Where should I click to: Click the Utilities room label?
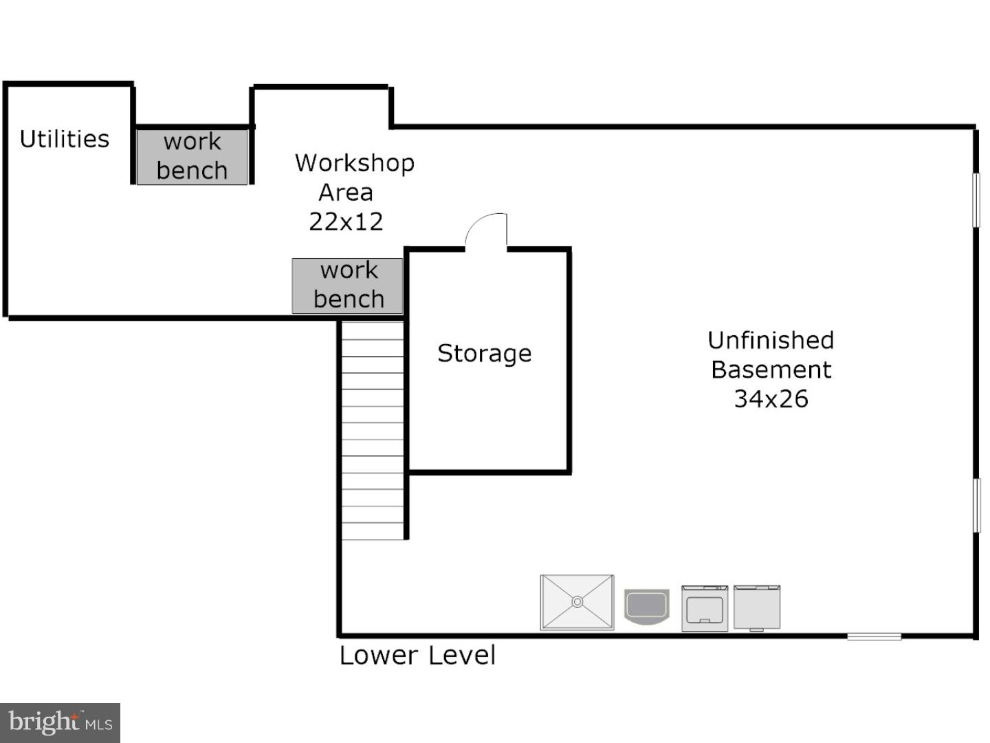(x=65, y=139)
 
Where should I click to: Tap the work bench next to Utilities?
(x=192, y=157)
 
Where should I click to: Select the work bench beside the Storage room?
(x=347, y=286)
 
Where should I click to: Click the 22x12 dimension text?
(x=346, y=222)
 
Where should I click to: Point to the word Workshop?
(x=355, y=163)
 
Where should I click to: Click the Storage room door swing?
(x=486, y=230)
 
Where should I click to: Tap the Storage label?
(x=485, y=353)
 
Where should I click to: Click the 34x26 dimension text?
(x=771, y=399)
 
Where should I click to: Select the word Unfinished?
(x=771, y=340)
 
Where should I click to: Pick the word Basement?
(x=771, y=370)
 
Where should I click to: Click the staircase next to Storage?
(x=372, y=431)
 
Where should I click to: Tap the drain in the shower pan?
(x=577, y=602)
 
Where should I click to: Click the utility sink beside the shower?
(x=646, y=607)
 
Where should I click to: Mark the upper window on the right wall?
(x=976, y=200)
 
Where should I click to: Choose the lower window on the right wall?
(x=976, y=506)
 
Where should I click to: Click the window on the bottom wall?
(x=874, y=636)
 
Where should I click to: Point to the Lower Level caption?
(x=417, y=656)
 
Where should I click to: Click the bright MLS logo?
(x=60, y=722)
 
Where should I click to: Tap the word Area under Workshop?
(x=346, y=193)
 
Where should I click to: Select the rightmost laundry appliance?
(x=757, y=608)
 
